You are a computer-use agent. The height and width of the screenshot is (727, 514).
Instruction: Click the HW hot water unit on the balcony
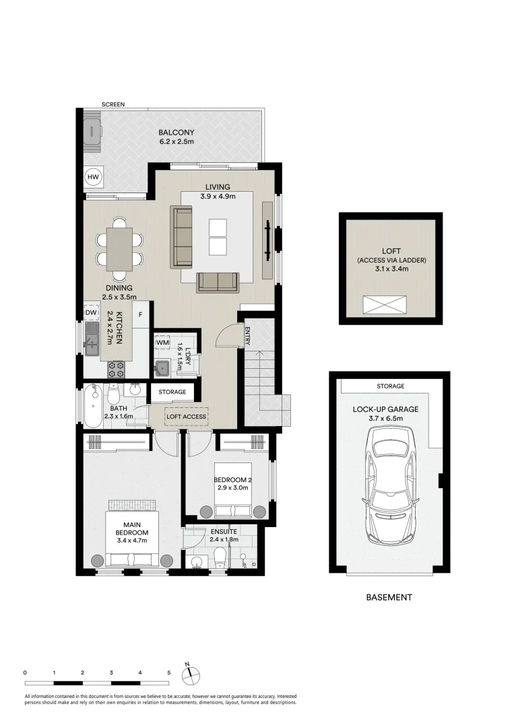pos(92,177)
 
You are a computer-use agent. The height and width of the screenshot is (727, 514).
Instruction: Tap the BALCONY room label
pos(176,133)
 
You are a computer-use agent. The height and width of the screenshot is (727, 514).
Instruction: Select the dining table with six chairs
pos(119,249)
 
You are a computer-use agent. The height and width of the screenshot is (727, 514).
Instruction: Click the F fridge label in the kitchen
pos(141,314)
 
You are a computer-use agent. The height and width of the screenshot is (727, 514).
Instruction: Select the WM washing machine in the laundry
pos(162,343)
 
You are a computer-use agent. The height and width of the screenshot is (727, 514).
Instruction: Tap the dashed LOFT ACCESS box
pos(186,417)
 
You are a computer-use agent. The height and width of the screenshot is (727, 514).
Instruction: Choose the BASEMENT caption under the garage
pos(389,597)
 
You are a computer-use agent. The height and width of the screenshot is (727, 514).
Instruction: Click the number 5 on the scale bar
pos(168,672)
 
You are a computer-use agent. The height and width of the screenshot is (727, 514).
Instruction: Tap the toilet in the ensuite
pos(219,556)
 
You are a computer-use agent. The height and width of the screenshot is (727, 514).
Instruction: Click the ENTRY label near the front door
pos(247,335)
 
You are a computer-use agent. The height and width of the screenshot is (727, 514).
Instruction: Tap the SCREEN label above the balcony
pos(113,105)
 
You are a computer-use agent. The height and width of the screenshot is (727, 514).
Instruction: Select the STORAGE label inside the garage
pos(390,386)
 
